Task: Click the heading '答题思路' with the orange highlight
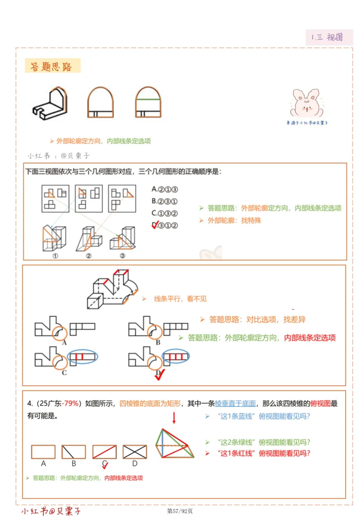52,67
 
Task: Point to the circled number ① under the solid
55,255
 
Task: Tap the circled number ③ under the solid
122,255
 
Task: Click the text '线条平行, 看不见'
180,298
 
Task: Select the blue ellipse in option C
83,357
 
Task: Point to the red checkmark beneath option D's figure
158,375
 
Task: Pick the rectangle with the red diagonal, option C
104,452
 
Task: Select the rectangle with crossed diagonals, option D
135,452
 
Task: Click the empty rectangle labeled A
43,452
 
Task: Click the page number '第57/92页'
180,511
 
